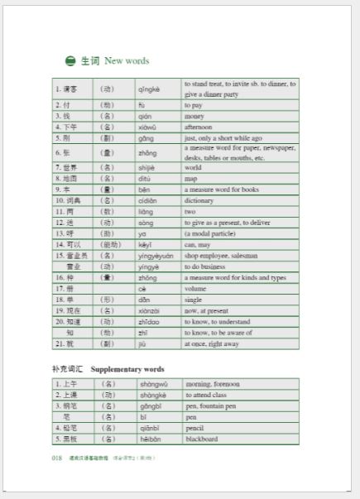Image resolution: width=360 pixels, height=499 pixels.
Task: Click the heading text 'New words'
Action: click(x=127, y=61)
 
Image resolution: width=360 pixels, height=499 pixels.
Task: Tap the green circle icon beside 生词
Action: click(x=70, y=61)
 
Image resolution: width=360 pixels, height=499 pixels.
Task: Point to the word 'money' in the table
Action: click(x=194, y=117)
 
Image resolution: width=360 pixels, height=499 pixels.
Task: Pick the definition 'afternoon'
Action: click(x=199, y=127)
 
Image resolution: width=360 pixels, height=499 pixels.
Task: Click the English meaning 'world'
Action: click(x=193, y=167)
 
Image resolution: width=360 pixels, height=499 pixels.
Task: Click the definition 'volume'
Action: click(x=194, y=289)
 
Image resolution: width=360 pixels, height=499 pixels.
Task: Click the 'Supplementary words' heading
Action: click(x=127, y=368)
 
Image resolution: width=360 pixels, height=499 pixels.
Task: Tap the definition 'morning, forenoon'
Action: click(x=213, y=384)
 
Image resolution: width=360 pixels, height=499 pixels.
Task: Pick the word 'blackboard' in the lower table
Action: click(x=201, y=439)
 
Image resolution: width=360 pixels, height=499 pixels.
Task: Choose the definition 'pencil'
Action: click(x=195, y=428)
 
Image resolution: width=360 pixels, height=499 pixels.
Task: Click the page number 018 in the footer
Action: click(x=57, y=457)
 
